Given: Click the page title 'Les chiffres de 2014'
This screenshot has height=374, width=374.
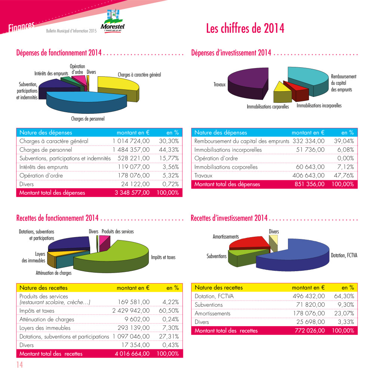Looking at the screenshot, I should (245, 28).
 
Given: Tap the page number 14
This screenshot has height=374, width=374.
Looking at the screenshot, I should (19, 365).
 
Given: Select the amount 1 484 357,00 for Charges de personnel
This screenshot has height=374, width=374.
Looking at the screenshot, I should (131, 150).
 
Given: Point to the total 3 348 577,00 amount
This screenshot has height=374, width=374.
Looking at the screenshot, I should (132, 193).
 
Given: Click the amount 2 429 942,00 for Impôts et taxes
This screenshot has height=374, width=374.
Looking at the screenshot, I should (131, 311).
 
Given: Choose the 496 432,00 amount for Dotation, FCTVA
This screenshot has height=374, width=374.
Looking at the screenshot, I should (309, 296).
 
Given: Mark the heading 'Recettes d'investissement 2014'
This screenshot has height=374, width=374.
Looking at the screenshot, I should (229, 218).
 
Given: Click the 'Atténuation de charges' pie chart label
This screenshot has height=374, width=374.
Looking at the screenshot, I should (53, 273).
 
